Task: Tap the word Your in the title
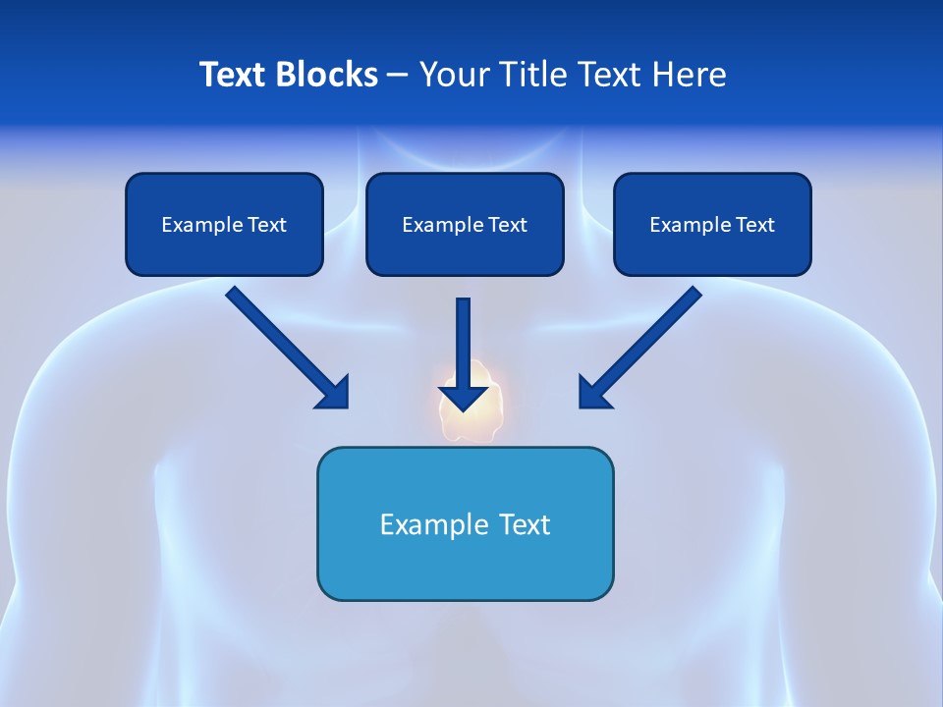click(x=453, y=75)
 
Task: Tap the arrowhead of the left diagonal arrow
click(x=334, y=393)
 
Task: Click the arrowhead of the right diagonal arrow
click(x=593, y=393)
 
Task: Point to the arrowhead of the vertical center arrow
click(x=464, y=398)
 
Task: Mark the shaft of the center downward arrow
click(x=464, y=339)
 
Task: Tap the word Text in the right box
click(x=754, y=225)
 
